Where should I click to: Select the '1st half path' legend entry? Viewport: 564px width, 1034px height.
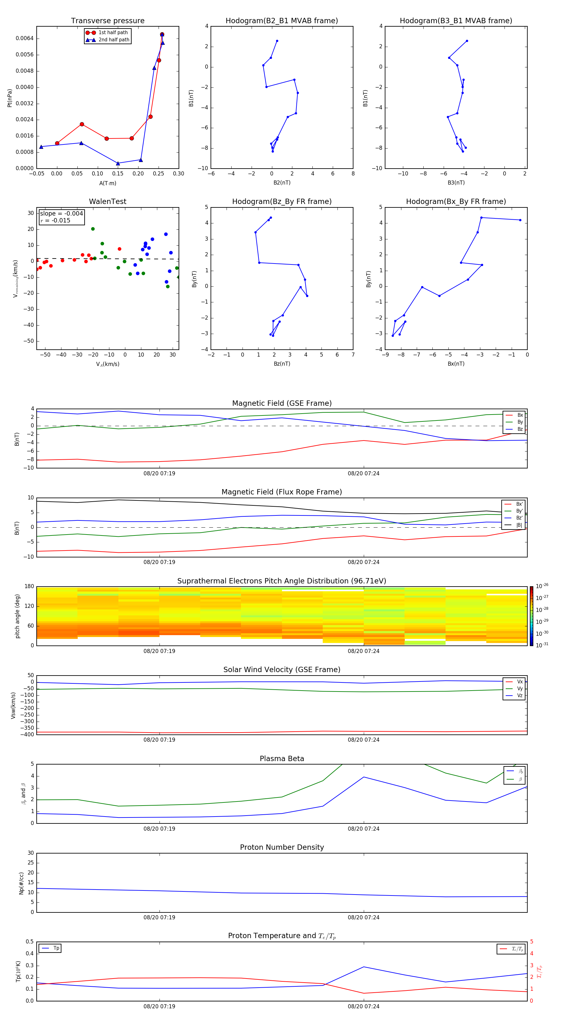[113, 33]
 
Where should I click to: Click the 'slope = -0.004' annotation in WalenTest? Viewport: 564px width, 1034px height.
[61, 214]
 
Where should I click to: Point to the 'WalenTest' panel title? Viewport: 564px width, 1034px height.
[107, 201]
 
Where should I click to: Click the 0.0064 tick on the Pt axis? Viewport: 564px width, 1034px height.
[24, 39]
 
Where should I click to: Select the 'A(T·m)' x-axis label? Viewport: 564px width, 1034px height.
[107, 183]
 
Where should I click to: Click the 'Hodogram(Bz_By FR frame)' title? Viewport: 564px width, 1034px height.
[282, 201]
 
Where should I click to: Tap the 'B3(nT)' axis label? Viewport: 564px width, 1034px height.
[456, 183]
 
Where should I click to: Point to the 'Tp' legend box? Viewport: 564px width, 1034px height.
[50, 948]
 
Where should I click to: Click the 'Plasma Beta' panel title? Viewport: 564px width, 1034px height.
[282, 759]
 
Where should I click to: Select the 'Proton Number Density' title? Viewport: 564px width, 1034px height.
[282, 847]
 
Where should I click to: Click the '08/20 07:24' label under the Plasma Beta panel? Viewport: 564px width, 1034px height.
[363, 828]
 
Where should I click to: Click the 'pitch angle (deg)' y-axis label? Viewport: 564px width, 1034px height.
[17, 616]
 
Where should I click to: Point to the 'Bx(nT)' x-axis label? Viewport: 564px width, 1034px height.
[456, 364]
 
